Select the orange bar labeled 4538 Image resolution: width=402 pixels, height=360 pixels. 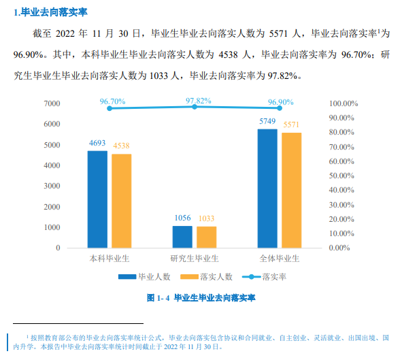tap(121, 201)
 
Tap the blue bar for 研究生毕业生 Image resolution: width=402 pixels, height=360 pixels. tap(182, 236)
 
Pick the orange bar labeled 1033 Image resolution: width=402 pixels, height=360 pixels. tap(206, 237)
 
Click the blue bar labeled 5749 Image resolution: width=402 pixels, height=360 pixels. tap(267, 188)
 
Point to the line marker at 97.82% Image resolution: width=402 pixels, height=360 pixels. tap(195, 107)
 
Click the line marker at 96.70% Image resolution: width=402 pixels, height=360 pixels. tap(110, 108)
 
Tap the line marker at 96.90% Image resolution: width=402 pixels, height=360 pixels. tap(280, 108)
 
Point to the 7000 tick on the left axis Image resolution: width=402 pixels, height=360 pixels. tap(52, 103)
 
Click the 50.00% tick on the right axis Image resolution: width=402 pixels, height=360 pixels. tap(343, 176)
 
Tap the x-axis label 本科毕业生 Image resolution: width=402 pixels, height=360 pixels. tap(110, 259)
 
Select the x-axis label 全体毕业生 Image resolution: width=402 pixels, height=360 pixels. tap(280, 259)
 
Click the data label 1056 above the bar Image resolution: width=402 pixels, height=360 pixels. tap(182, 218)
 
